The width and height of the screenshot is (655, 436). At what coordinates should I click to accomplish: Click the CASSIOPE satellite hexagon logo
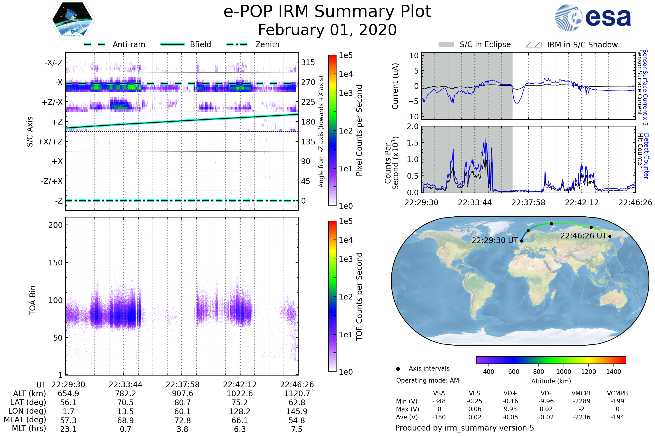pyautogui.click(x=72, y=20)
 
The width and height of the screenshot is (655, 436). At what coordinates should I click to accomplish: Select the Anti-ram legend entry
pyautogui.click(x=115, y=44)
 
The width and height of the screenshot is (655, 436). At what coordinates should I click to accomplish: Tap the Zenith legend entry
pyautogui.click(x=253, y=44)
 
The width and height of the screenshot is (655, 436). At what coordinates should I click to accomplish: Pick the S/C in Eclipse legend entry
pyautogui.click(x=475, y=44)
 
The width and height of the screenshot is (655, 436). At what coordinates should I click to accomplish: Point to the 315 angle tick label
pyautogui.click(x=308, y=62)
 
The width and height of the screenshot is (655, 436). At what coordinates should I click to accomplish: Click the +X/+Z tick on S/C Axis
pyautogui.click(x=50, y=142)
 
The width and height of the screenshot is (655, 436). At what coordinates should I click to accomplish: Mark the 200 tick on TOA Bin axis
pyautogui.click(x=55, y=225)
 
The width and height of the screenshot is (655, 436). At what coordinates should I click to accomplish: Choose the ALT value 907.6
pyautogui.click(x=182, y=394)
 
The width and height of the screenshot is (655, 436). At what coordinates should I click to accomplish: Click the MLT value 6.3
pyautogui.click(x=240, y=429)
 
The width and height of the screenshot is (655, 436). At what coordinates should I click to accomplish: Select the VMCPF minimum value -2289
pyautogui.click(x=582, y=401)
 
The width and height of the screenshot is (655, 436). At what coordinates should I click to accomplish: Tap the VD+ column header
pyautogui.click(x=510, y=393)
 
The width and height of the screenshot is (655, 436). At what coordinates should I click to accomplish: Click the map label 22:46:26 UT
pyautogui.click(x=583, y=236)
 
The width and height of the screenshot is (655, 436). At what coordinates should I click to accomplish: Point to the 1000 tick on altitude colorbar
pyautogui.click(x=564, y=372)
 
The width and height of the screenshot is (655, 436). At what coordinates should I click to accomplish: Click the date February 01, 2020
pyautogui.click(x=327, y=30)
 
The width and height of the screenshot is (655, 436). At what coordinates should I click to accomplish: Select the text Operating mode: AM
pyautogui.click(x=427, y=380)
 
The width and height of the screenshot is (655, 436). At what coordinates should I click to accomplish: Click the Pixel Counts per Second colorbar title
pyautogui.click(x=359, y=131)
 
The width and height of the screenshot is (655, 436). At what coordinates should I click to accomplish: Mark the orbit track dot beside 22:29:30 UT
pyautogui.click(x=521, y=241)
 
